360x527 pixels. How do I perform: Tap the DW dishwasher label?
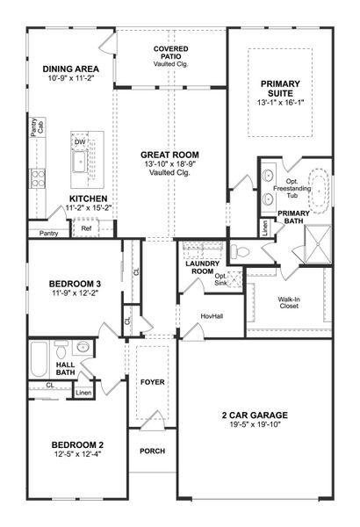[x=80, y=141]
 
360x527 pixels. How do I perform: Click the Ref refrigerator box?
[x=86, y=228]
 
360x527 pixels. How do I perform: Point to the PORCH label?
[x=152, y=451]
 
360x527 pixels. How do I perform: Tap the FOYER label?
[x=152, y=383]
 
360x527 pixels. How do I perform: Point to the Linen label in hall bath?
[x=83, y=392]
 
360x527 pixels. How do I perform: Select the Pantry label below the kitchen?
[x=48, y=233]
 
